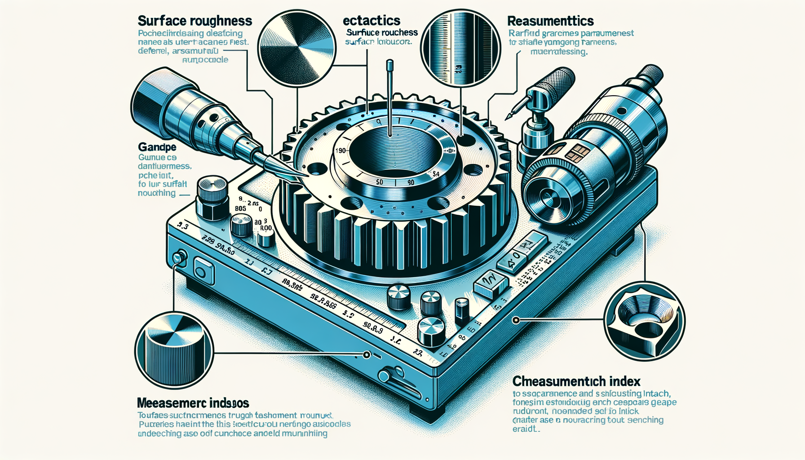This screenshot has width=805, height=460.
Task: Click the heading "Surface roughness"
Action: coord(195,21)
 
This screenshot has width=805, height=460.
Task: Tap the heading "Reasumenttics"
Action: coord(550,21)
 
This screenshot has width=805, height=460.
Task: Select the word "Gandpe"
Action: coord(157,147)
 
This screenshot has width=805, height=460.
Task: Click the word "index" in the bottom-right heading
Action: coord(625,381)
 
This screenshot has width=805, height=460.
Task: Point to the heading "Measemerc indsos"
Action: coord(193,402)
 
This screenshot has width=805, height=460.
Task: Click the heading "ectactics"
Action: coord(371,21)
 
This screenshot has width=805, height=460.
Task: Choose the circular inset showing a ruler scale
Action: coord(460,48)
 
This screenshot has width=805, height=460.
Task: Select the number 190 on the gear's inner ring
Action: coord(341,150)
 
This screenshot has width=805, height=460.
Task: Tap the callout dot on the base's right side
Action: coord(516,320)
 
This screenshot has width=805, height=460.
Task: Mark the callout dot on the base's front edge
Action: coord(367,355)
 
